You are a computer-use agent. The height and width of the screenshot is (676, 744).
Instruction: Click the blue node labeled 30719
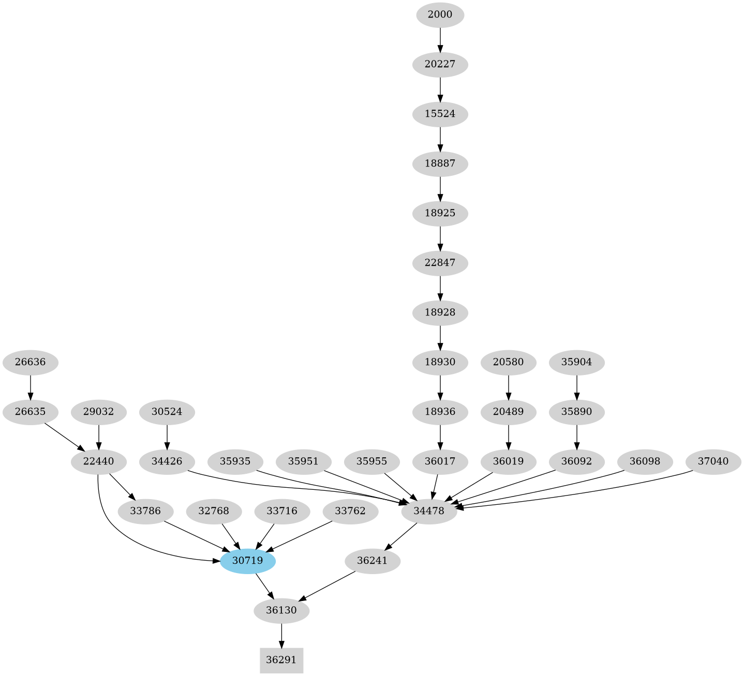pos(247,561)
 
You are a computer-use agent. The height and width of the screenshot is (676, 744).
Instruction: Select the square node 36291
pos(281,660)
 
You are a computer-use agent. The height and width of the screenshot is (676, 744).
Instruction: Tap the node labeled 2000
pos(440,14)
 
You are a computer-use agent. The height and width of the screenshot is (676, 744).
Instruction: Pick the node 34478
pos(429,512)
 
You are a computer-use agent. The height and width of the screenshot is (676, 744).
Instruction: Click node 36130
pos(281,610)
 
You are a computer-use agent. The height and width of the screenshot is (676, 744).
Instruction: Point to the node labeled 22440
pos(98,461)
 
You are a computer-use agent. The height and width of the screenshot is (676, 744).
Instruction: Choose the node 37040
pos(713,461)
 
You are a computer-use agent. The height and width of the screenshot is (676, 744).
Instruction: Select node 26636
pos(31,362)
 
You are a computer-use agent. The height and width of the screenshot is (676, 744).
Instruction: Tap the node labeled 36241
pos(373,561)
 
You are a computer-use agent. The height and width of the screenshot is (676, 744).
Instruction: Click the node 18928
pos(440,312)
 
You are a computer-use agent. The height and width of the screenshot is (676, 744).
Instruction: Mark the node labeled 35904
pos(576,362)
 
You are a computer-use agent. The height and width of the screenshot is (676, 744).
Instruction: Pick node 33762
pos(350,512)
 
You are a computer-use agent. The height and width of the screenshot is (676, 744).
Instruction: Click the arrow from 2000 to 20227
pos(440,39)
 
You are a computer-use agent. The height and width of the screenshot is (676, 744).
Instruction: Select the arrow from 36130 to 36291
pos(281,635)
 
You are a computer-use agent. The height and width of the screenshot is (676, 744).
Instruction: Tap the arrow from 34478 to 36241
pos(401,536)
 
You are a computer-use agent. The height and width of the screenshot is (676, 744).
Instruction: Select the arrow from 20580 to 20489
pos(509,387)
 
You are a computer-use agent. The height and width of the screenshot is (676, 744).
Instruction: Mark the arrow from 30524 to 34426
pos(167,437)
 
